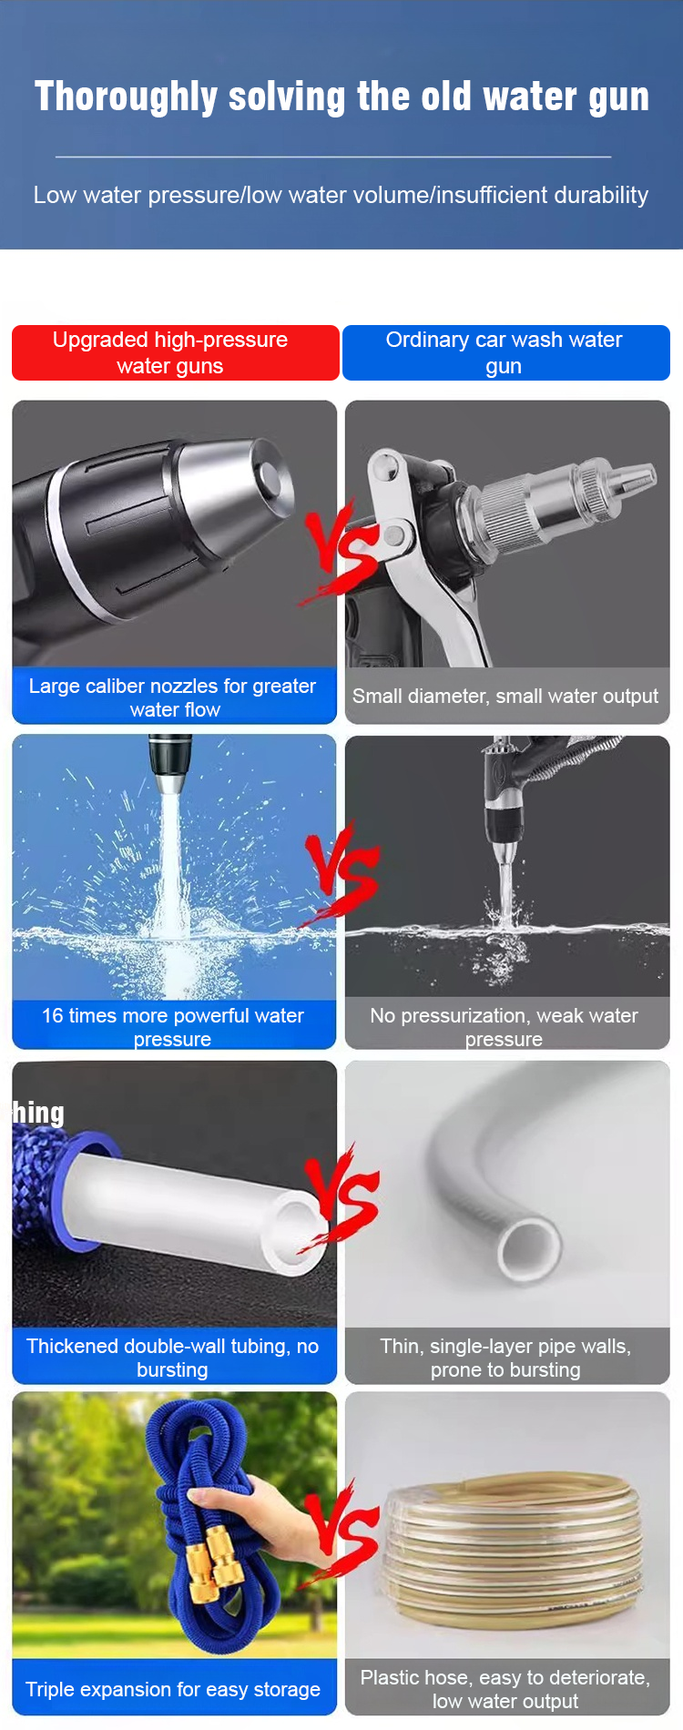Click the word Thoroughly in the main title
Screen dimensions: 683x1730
[126, 97]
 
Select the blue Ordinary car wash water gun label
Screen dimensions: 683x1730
[505, 353]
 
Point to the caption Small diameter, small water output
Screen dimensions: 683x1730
[505, 697]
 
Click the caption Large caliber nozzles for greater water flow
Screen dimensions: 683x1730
[173, 697]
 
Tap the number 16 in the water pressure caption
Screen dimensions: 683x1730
[53, 1016]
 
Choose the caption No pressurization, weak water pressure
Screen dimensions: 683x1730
[505, 1027]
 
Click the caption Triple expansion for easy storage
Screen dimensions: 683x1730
[173, 1690]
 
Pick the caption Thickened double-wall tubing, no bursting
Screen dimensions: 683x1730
[173, 1358]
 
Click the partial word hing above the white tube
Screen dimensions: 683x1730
[38, 1114]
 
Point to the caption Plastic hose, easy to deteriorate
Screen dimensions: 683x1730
[505, 1677]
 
